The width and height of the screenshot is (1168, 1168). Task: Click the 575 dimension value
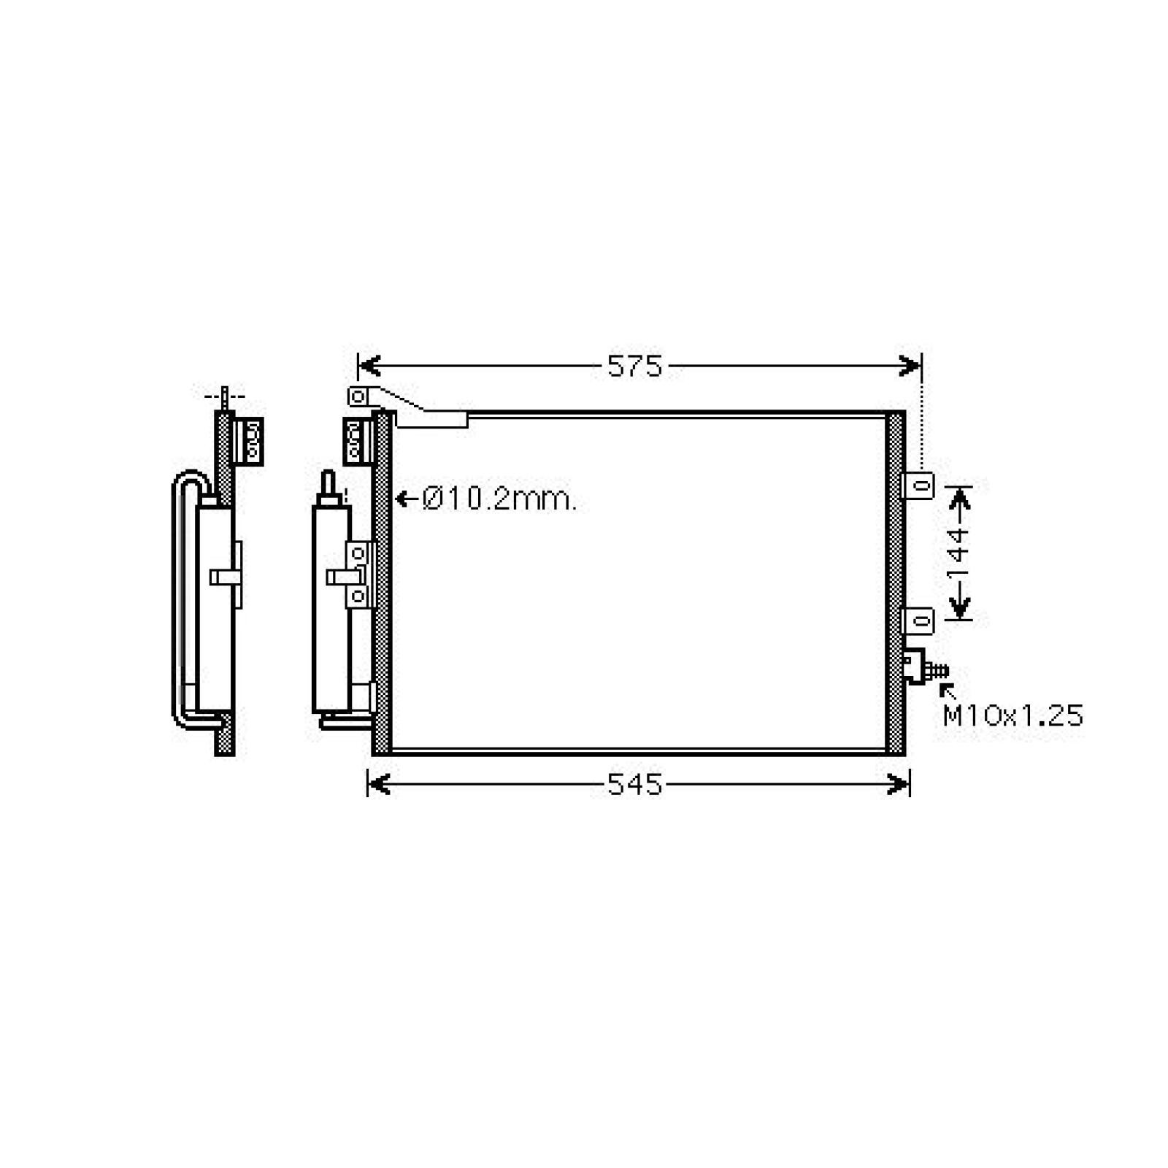[634, 366]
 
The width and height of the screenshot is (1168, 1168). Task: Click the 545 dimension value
[634, 785]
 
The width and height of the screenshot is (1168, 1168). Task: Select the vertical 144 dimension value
[958, 552]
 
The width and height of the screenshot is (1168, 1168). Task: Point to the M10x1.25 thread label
[1013, 716]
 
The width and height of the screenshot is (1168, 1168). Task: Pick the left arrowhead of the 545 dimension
[379, 785]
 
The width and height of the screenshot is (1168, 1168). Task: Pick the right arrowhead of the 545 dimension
[899, 785]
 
